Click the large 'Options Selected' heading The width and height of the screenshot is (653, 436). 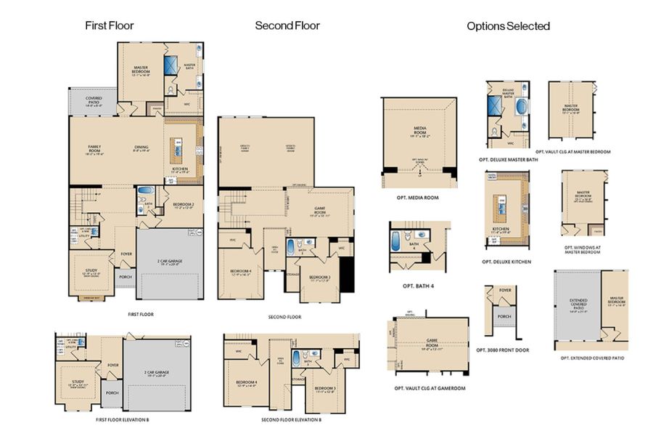tap(508, 26)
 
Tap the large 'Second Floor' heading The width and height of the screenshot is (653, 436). tap(287, 25)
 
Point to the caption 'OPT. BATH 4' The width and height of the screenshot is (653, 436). tap(419, 286)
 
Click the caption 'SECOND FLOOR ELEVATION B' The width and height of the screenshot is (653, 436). tap(291, 420)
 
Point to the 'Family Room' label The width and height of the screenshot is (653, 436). tap(94, 149)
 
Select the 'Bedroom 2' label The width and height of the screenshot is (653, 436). tap(184, 206)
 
